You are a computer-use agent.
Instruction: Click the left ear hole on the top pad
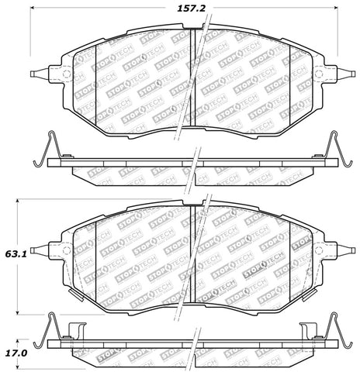[x=65, y=75]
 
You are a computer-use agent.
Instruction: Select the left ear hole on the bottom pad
[x=65, y=250]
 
